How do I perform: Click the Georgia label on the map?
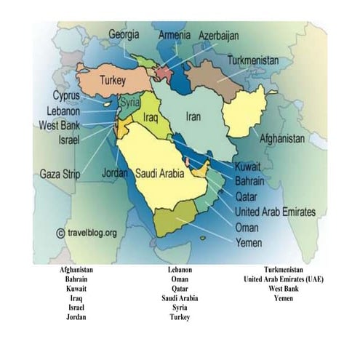tap(124, 33)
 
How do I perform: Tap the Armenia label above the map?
tap(174, 34)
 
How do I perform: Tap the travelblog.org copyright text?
tap(86, 233)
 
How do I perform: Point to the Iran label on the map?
tap(193, 116)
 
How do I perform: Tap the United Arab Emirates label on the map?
tap(275, 212)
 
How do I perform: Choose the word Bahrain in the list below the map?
tap(76, 279)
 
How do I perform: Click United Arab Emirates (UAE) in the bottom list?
tap(284, 279)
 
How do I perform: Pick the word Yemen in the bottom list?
tap(284, 298)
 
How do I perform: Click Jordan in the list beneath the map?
tap(76, 317)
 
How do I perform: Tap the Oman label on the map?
tap(247, 227)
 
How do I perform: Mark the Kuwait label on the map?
tap(249, 167)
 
